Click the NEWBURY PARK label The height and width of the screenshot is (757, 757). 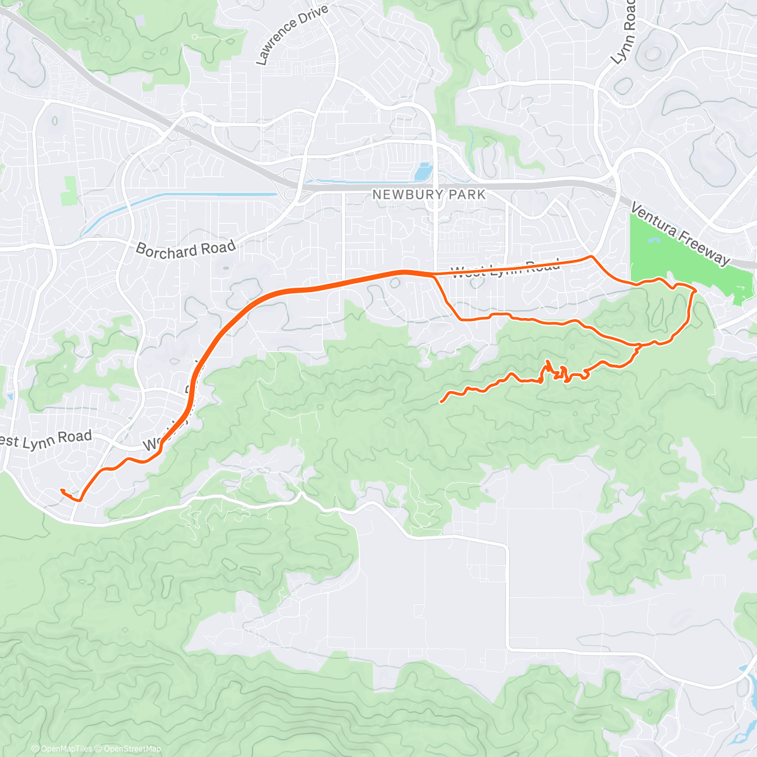click(429, 194)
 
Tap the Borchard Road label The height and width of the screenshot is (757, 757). click(185, 249)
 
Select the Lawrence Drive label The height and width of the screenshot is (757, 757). click(291, 35)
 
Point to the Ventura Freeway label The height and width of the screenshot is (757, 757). click(680, 234)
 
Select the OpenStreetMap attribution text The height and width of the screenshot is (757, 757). click(130, 749)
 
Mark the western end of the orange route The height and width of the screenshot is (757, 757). click(61, 490)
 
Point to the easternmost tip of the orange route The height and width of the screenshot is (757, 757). click(695, 291)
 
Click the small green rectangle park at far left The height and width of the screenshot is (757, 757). click(69, 191)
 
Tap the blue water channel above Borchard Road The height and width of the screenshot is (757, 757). click(189, 196)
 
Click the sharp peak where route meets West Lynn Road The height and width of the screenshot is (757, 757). click(590, 257)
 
